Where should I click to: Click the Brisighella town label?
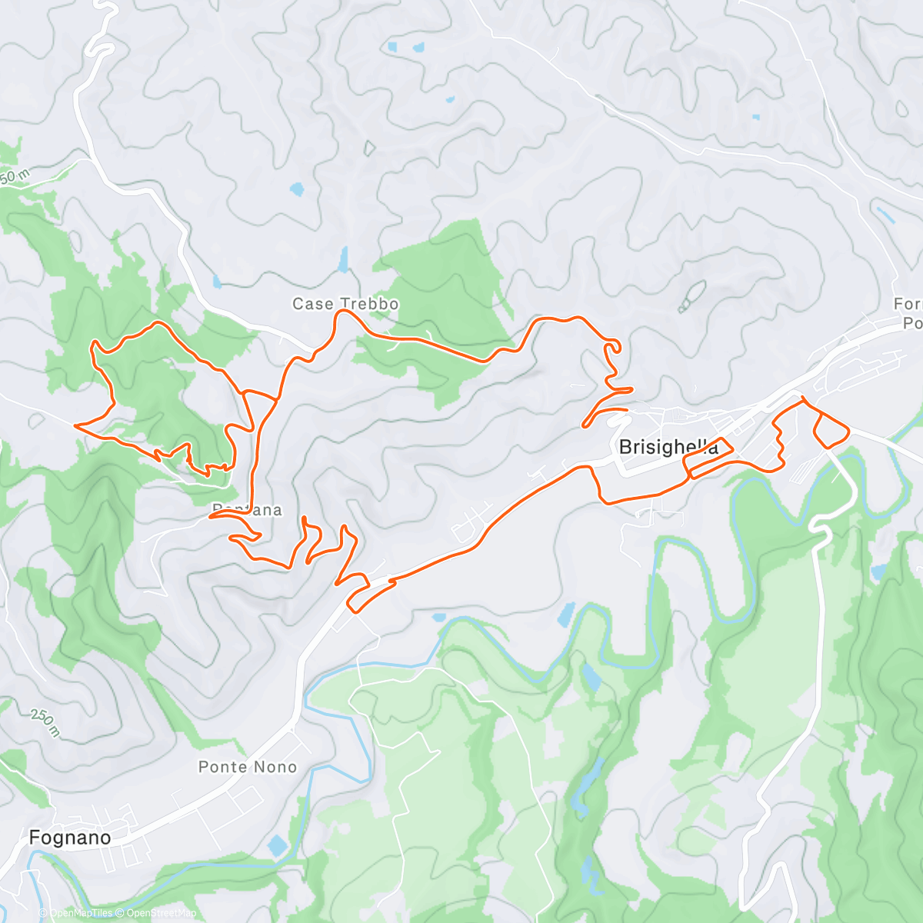(668, 447)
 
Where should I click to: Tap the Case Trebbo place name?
(345, 304)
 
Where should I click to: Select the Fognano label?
(69, 838)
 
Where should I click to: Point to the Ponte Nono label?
(247, 767)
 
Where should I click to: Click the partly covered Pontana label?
(247, 510)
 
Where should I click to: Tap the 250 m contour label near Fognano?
(45, 723)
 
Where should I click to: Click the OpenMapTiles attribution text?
(80, 913)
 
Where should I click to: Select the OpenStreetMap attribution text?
(161, 913)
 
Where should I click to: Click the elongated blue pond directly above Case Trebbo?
(343, 260)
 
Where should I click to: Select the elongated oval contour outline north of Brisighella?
(692, 296)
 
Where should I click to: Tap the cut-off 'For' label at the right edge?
(908, 305)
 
